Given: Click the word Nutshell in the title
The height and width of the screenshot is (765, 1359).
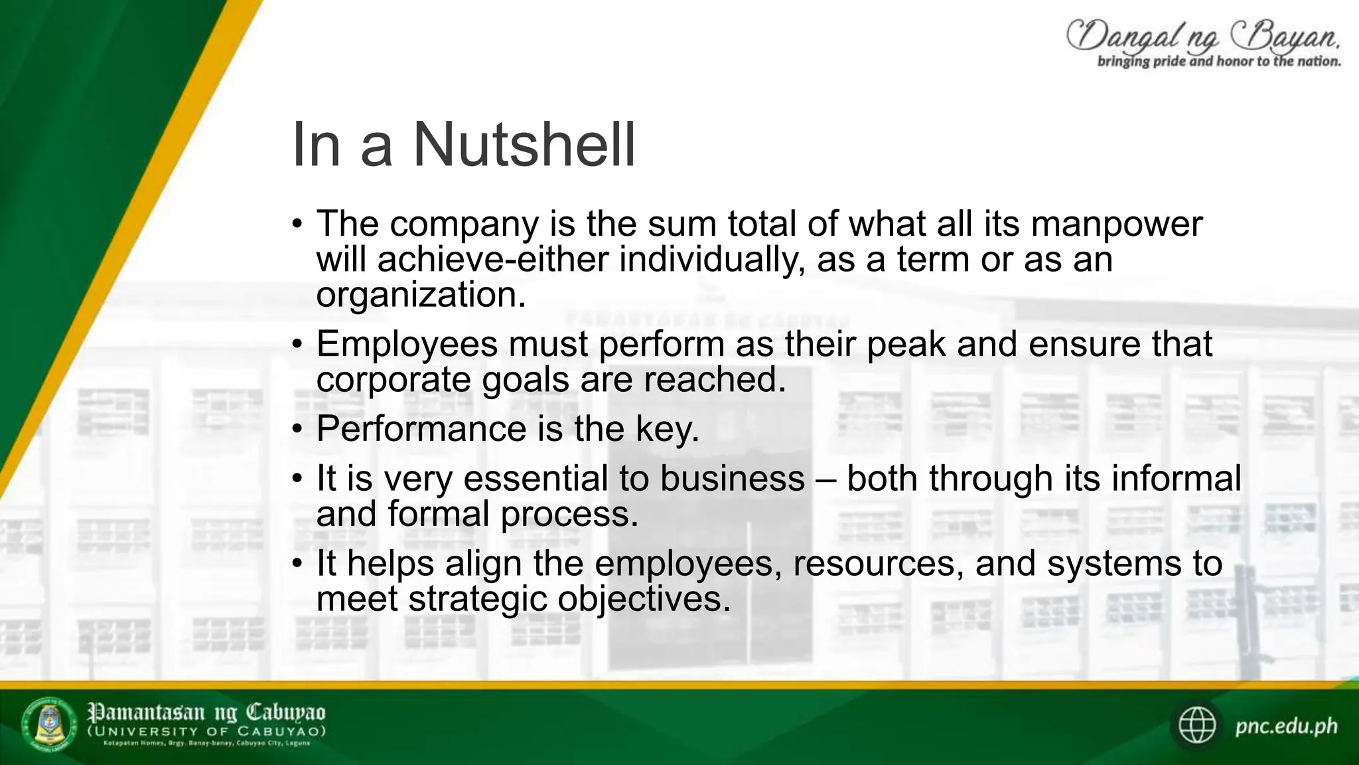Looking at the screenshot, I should coord(524,145).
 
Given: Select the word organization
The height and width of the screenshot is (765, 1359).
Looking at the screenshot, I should coord(420,295).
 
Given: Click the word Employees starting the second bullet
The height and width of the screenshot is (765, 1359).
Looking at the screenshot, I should coord(407,345).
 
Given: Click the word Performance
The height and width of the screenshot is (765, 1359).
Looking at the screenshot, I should coord(421,429).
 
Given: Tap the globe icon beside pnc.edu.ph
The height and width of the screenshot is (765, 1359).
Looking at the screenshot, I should coord(1197,725).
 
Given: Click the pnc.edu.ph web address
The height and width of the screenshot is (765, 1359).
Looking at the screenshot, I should coord(1286,726).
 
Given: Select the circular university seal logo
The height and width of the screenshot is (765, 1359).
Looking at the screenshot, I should coord(50,724).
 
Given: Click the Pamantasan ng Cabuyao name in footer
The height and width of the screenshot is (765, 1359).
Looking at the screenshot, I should coord(206,713).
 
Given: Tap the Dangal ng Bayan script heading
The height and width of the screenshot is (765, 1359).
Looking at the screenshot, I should coord(1202,36).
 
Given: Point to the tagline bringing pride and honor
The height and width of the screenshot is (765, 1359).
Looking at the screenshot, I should coord(1219,62).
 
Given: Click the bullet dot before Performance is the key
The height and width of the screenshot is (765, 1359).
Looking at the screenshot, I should coord(297,429).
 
